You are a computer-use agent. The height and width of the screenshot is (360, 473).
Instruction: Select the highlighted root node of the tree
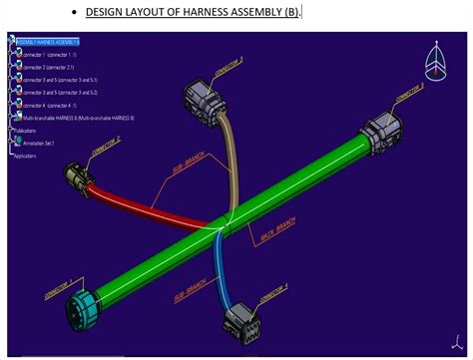click(x=48, y=41)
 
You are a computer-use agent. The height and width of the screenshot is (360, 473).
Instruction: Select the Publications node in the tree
click(x=24, y=131)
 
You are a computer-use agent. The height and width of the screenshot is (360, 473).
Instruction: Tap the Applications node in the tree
click(x=24, y=156)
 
